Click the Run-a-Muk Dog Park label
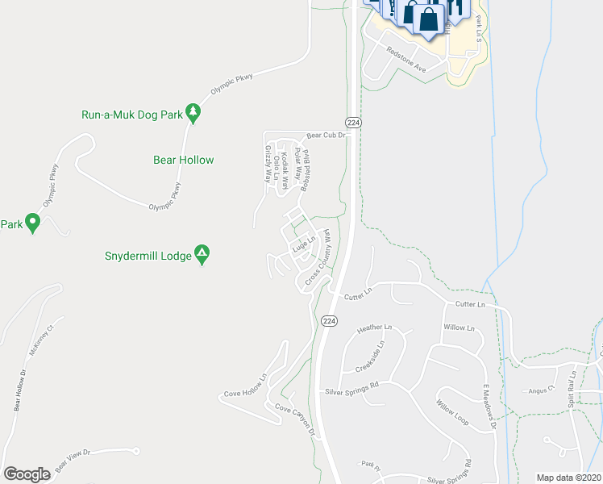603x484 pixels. click(x=132, y=115)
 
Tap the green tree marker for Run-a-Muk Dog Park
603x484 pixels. click(x=193, y=113)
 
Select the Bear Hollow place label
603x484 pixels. click(x=184, y=160)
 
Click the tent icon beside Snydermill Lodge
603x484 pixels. click(x=202, y=256)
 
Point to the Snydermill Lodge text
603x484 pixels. click(x=148, y=257)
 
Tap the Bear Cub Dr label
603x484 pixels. click(x=324, y=136)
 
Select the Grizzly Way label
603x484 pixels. click(x=268, y=165)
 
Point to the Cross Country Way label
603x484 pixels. click(x=318, y=257)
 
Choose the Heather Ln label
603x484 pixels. click(x=374, y=328)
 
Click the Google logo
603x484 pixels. click(x=27, y=474)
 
